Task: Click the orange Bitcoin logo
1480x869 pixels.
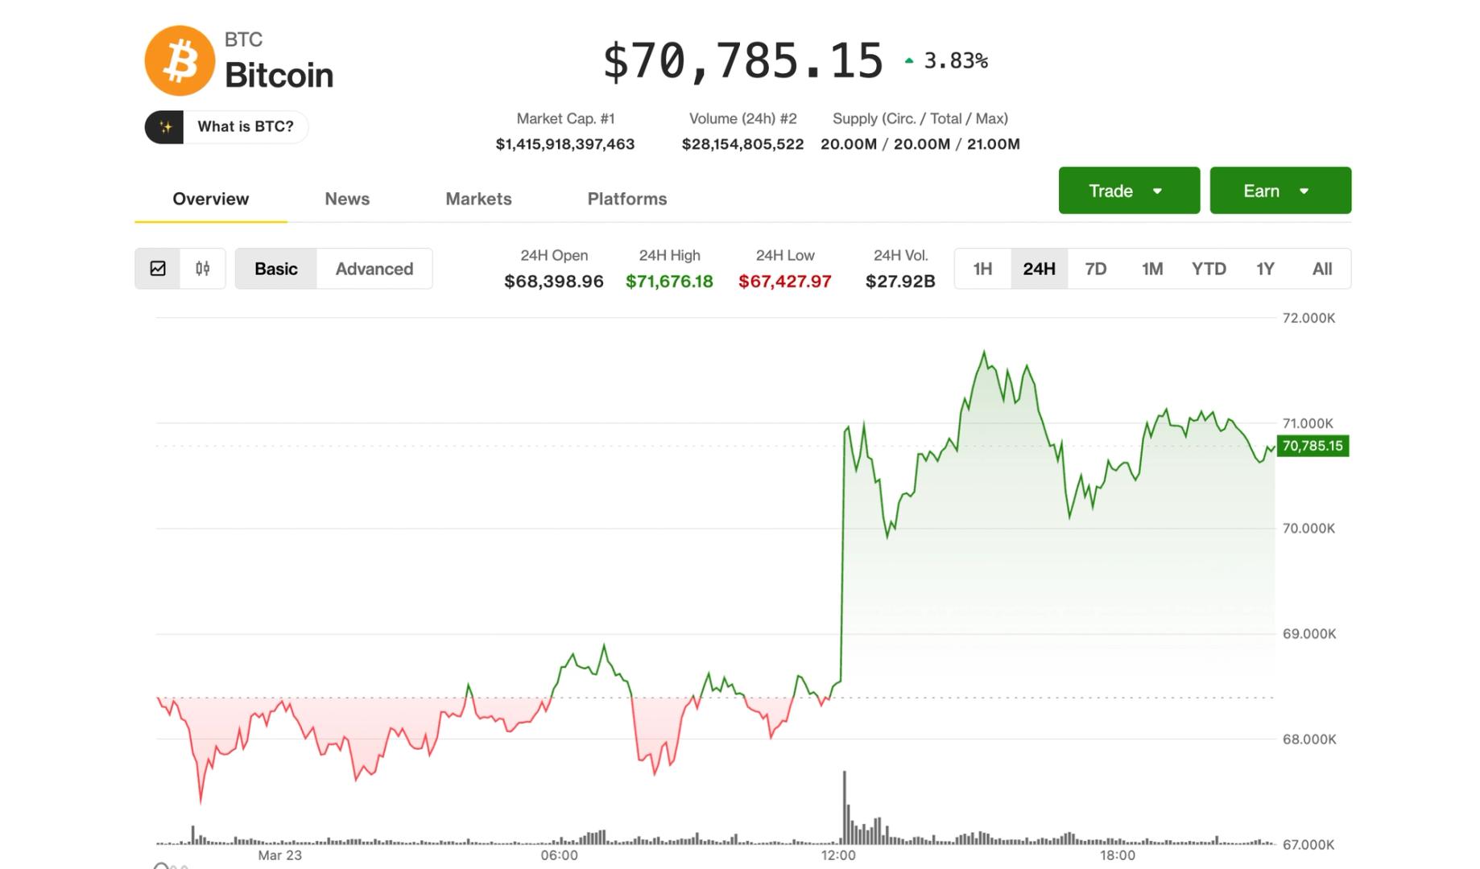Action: point(180,61)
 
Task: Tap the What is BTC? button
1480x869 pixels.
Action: point(226,127)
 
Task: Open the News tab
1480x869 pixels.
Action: point(347,199)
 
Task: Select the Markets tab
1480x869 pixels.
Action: point(478,199)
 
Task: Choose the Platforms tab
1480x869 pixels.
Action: point(626,199)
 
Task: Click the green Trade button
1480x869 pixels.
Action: point(1128,191)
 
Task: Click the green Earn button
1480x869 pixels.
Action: point(1279,191)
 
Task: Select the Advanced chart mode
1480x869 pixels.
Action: point(374,269)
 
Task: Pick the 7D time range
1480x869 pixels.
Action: point(1095,269)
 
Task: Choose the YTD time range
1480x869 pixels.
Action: point(1208,269)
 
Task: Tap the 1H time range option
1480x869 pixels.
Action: point(982,269)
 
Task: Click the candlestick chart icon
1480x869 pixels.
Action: point(203,269)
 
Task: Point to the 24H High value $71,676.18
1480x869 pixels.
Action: point(669,282)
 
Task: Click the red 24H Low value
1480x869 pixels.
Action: point(784,282)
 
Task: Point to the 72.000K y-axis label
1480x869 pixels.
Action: point(1308,318)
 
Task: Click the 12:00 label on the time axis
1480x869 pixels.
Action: point(838,855)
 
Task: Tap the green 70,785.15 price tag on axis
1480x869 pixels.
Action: point(1313,446)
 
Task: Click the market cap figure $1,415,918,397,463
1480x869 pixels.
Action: point(564,144)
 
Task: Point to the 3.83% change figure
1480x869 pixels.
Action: point(955,60)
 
